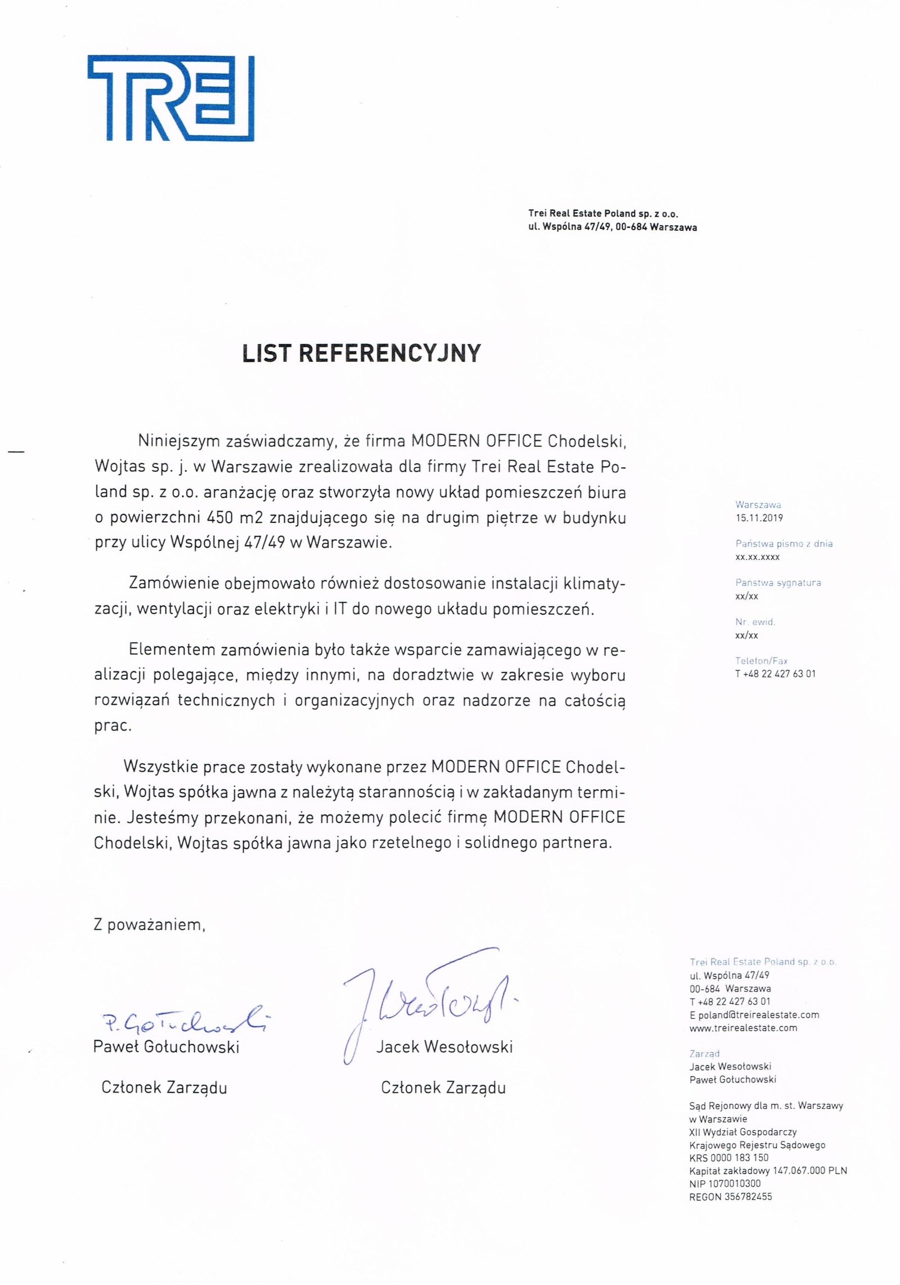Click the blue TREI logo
[171, 98]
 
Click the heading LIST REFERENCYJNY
[361, 353]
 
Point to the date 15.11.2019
[759, 518]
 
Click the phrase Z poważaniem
[150, 925]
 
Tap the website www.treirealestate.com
[743, 1028]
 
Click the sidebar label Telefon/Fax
[761, 661]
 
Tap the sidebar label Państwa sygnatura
[778, 583]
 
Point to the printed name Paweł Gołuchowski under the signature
[166, 1047]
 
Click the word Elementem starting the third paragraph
[172, 650]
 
